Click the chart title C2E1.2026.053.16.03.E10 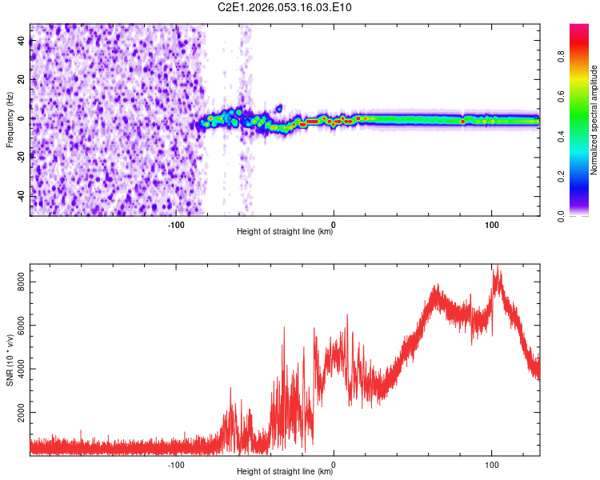pos(286,7)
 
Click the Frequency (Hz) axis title pos(10,119)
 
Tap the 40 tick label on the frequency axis pos(21,42)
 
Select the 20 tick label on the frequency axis pos(21,80)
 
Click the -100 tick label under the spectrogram pos(176,224)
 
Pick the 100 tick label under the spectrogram pos(492,224)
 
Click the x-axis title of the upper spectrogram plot pos(285,232)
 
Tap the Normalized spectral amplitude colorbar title pos(594,120)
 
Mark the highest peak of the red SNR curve pos(497,266)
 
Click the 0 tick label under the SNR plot pos(334,464)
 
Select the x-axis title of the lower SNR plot pos(285,472)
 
